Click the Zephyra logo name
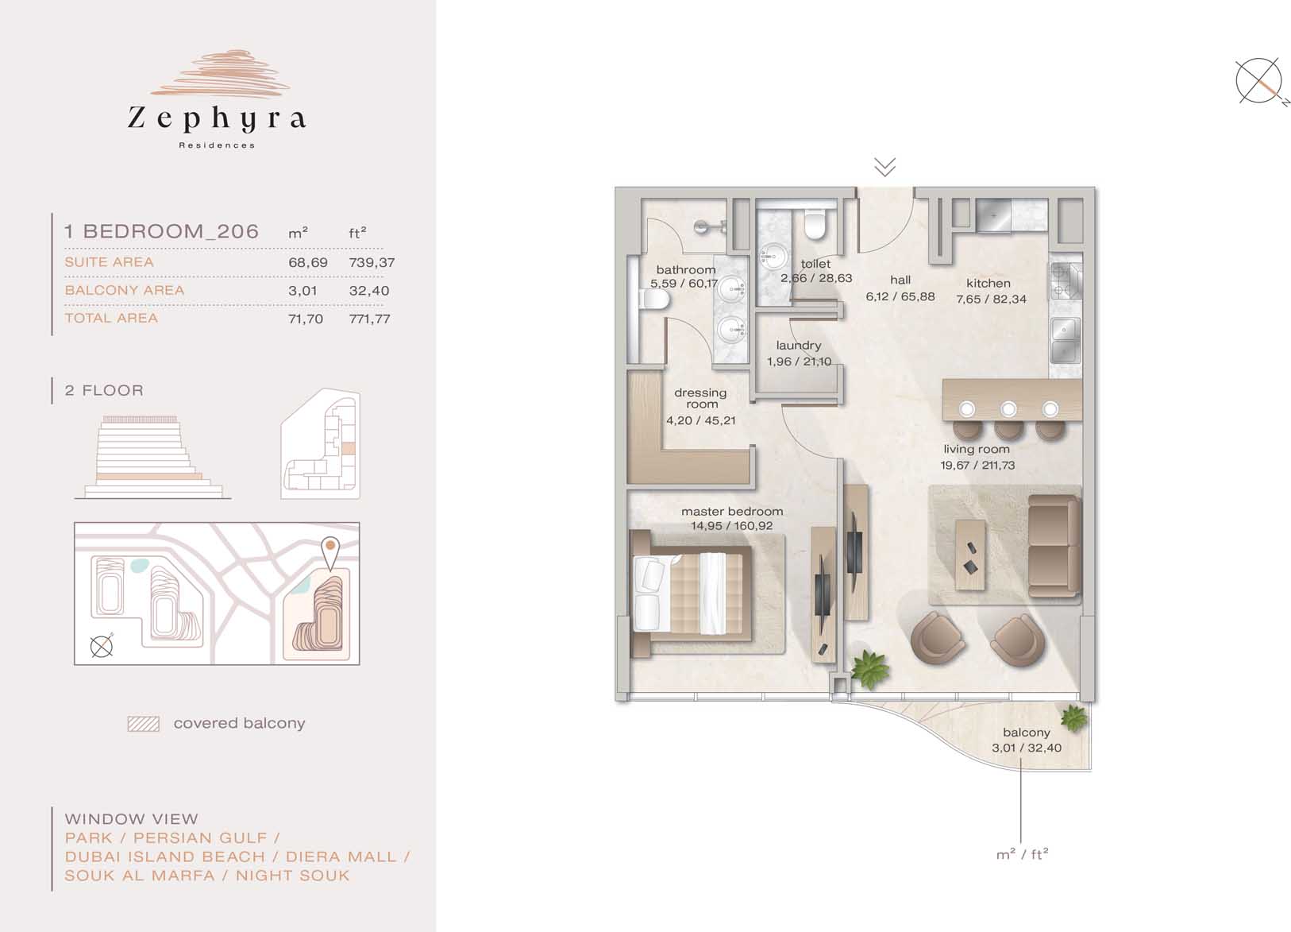pyautogui.click(x=216, y=119)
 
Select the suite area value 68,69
pyautogui.click(x=308, y=262)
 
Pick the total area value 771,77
pyautogui.click(x=369, y=319)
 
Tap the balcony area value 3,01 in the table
pyautogui.click(x=303, y=291)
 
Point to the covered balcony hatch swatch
pyautogui.click(x=144, y=724)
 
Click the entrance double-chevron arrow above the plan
pyautogui.click(x=884, y=168)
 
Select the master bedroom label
pyautogui.click(x=732, y=512)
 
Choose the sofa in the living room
pyautogui.click(x=1054, y=546)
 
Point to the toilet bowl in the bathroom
pyautogui.click(x=654, y=300)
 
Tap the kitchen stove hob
pyautogui.click(x=1066, y=280)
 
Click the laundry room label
pyautogui.click(x=799, y=346)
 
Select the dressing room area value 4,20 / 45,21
pyautogui.click(x=701, y=420)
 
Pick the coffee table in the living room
pyautogui.click(x=970, y=555)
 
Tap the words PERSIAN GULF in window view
pyautogui.click(x=201, y=837)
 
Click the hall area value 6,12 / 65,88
pyautogui.click(x=900, y=296)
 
